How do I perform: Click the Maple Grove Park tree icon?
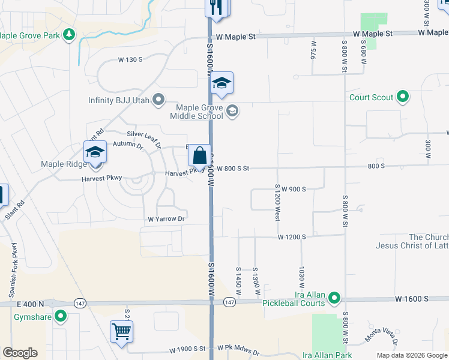coord(70,35)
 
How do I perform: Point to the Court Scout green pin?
coord(403,97)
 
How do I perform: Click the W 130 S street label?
coord(130,59)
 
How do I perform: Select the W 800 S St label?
coord(233,169)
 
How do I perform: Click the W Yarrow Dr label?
coord(161,219)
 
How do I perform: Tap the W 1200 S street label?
coord(292,237)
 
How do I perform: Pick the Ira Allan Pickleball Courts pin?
coord(334,298)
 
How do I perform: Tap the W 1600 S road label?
coord(412,298)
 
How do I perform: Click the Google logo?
coord(20,353)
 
